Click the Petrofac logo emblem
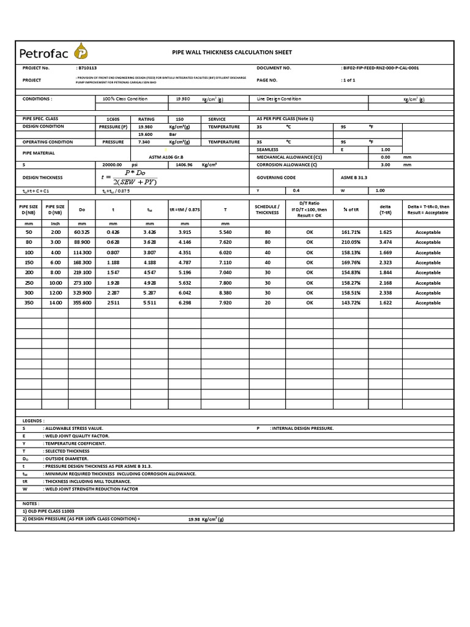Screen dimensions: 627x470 click(x=80, y=51)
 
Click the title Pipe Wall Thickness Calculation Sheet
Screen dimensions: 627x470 click(x=232, y=53)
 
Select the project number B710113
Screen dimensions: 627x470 click(x=87, y=68)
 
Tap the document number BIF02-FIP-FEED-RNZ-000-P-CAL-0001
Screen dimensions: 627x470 click(x=379, y=68)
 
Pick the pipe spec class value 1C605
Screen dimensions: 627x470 click(x=113, y=119)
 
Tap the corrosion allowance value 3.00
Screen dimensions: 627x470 click(x=386, y=165)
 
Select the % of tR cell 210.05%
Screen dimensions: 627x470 click(x=351, y=242)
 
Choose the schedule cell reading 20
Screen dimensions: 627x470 click(x=267, y=302)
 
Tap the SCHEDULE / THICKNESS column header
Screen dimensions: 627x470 click(x=267, y=209)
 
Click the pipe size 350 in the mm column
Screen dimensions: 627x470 click(x=28, y=302)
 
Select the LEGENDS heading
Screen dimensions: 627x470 click(x=34, y=421)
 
